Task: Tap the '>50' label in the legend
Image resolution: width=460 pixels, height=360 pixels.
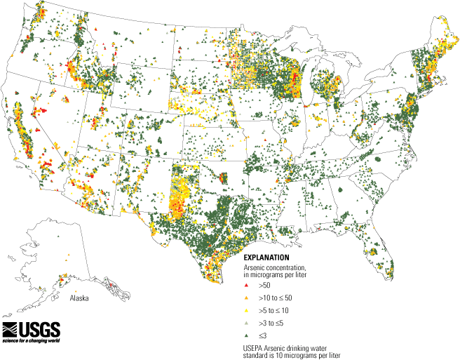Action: coord(264,286)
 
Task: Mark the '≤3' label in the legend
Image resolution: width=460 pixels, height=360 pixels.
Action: coord(262,335)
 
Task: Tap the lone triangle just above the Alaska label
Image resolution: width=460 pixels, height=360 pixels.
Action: coord(75,291)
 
